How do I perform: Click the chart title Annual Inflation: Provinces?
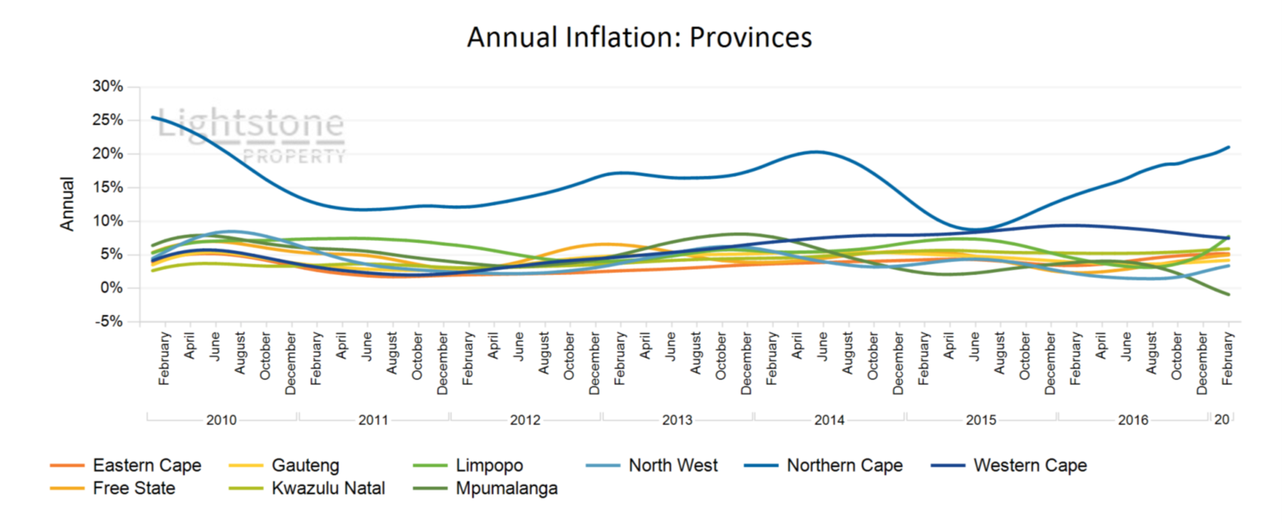click(639, 37)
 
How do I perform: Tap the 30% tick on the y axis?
click(108, 87)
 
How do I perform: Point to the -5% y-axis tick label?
click(108, 322)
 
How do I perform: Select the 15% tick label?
click(108, 187)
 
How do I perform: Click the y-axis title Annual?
click(67, 204)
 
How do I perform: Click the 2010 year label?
click(221, 420)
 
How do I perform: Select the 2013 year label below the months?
click(677, 420)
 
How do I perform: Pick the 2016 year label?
click(1133, 420)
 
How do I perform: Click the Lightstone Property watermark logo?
click(251, 135)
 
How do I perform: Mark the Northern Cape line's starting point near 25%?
click(153, 117)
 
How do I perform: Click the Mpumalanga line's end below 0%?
click(1228, 294)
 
